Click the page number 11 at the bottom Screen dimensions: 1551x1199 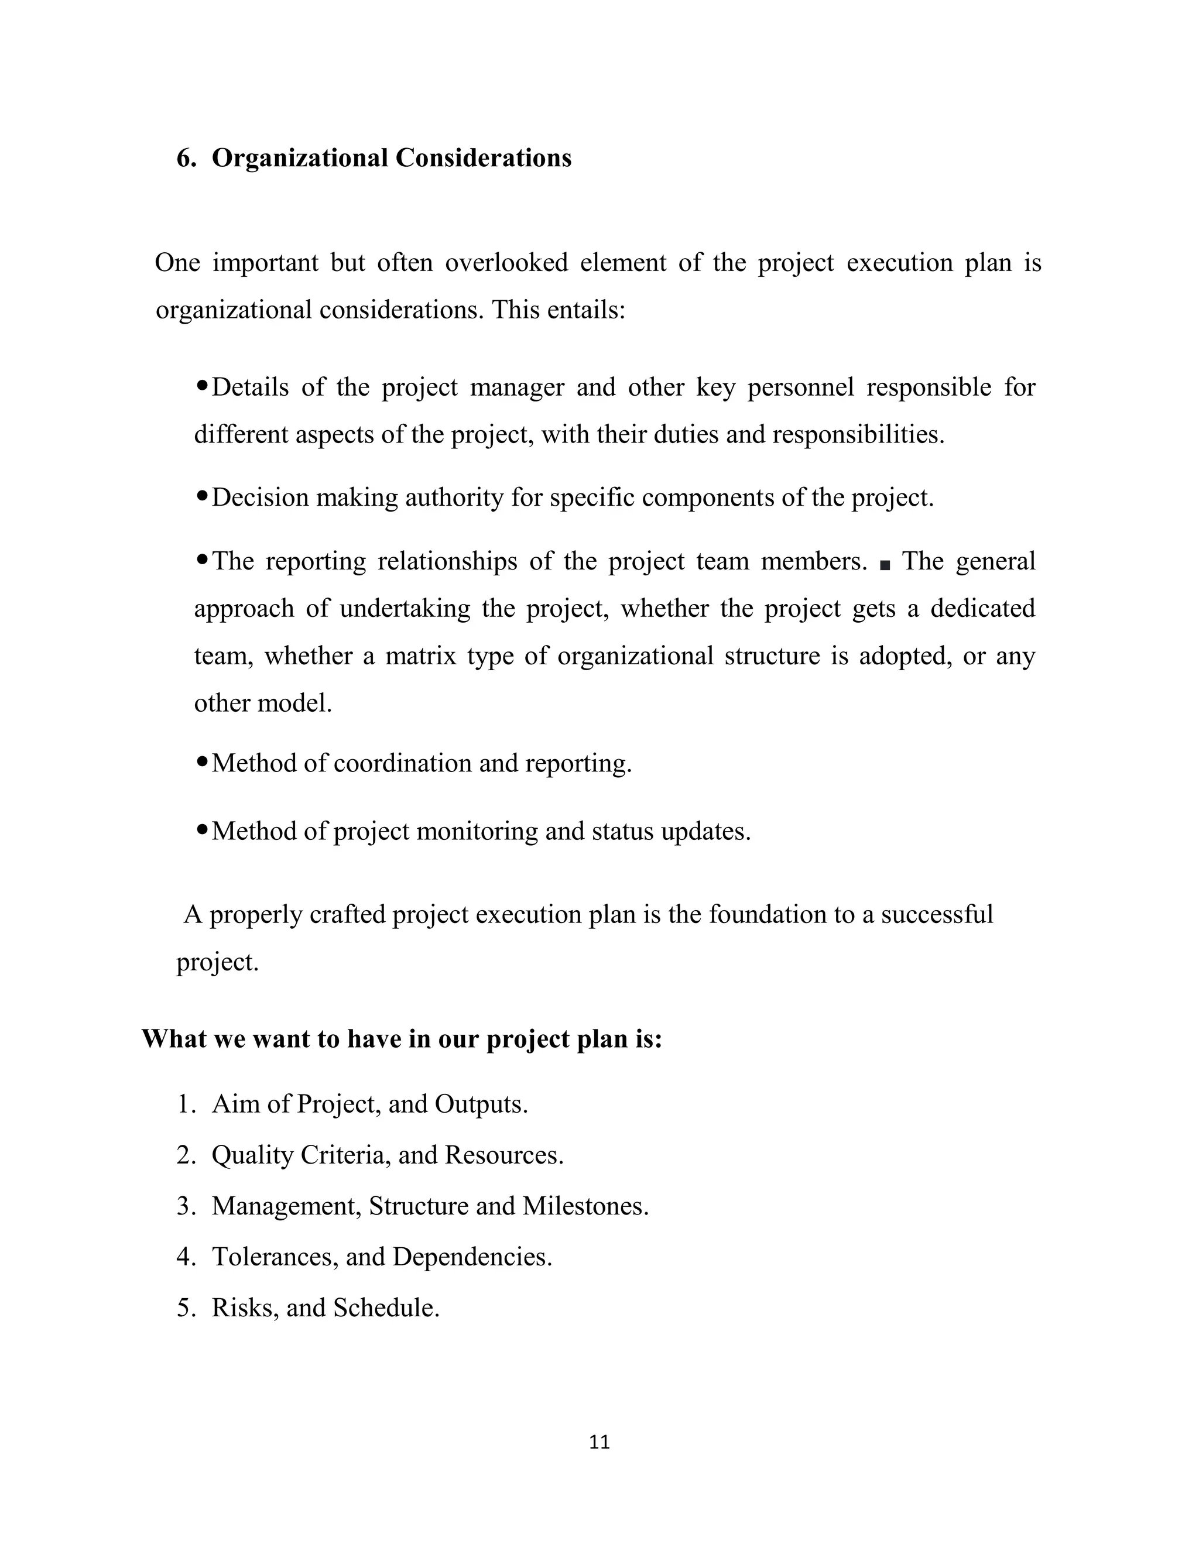point(599,1442)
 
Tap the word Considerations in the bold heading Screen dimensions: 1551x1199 point(483,157)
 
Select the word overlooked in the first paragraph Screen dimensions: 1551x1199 point(506,263)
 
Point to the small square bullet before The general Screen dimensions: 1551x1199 point(885,565)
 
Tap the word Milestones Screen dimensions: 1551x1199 point(585,1206)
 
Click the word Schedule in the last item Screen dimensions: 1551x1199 point(386,1308)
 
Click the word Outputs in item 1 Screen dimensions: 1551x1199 point(480,1104)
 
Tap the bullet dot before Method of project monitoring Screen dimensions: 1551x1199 point(202,829)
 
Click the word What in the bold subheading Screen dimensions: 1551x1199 point(173,1039)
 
